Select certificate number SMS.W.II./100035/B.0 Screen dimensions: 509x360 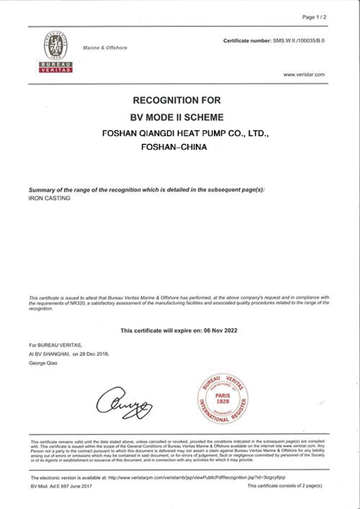coord(299,41)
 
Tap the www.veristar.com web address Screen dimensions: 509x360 coord(304,74)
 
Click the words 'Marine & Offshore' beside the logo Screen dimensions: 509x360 coord(105,48)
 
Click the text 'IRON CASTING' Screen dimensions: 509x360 coord(45,198)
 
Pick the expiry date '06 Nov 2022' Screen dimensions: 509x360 coord(217,330)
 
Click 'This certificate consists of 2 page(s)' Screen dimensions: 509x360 coord(285,485)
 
